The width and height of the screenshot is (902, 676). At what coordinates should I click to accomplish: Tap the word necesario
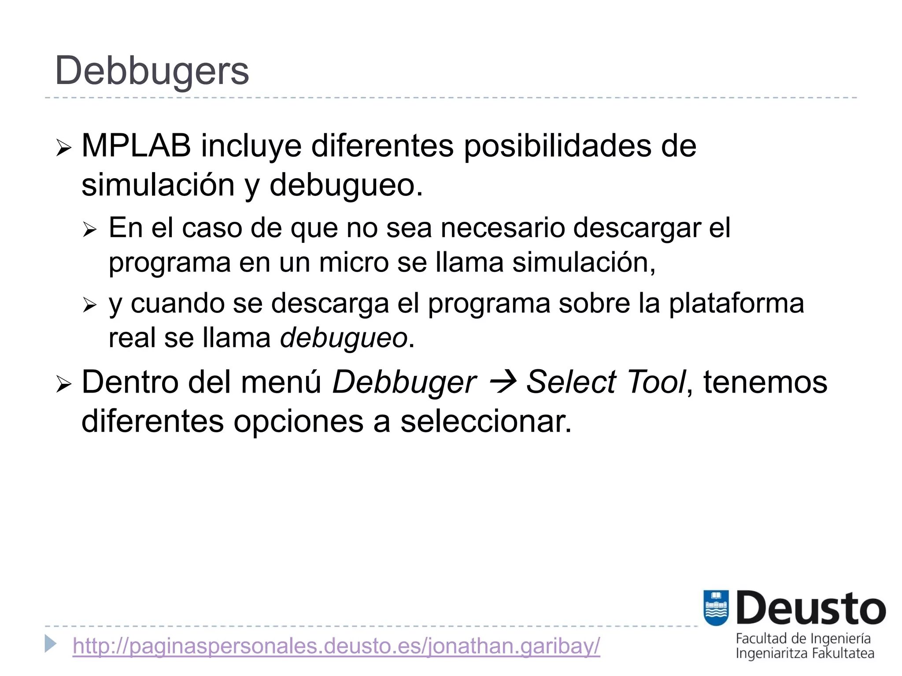pos(503,228)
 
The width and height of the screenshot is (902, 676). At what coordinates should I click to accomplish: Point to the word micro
pos(354,262)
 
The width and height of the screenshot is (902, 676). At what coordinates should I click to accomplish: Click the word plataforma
pos(736,303)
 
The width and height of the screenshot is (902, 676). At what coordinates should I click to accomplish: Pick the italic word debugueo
pos(344,338)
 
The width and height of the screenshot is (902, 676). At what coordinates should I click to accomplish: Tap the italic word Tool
pos(657,382)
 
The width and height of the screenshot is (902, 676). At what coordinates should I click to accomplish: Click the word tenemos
pos(765,382)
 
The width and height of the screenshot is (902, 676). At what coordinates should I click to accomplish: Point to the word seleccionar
pos(486,421)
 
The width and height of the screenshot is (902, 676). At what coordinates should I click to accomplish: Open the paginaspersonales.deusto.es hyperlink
pos(336,646)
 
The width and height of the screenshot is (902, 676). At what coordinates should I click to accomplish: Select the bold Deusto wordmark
pos(810,609)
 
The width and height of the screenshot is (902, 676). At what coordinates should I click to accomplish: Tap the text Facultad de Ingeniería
pos(803,639)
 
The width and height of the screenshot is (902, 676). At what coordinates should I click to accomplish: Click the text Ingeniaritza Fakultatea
pos(805,654)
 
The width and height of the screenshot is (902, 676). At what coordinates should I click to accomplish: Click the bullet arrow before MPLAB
pos(64,148)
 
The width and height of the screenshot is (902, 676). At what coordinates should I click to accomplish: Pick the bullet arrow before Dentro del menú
pos(64,385)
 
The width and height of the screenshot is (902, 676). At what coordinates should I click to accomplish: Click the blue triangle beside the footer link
pos(51,644)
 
